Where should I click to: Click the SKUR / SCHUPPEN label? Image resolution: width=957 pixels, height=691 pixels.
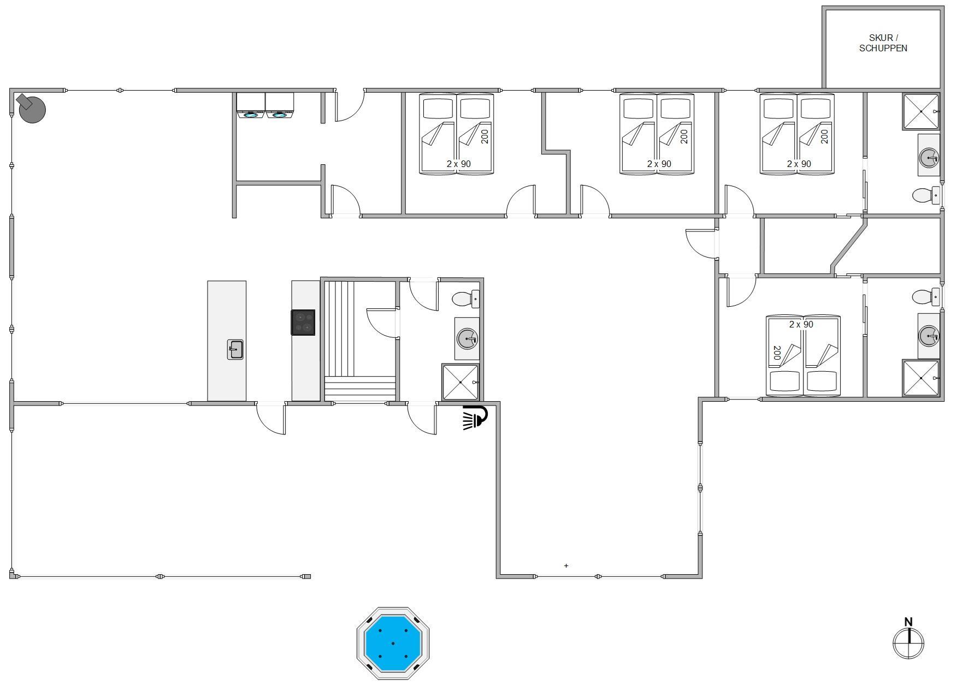[x=883, y=43]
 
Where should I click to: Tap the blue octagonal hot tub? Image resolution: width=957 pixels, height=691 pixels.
[x=393, y=643]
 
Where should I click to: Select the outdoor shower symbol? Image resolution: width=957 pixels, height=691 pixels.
[x=475, y=417]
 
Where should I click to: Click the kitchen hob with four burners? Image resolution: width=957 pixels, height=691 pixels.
[x=303, y=322]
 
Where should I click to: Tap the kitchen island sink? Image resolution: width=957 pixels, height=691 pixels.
[x=235, y=349]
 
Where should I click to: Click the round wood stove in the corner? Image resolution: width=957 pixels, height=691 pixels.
[x=31, y=108]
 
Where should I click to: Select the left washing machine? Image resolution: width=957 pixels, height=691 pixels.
[x=251, y=105]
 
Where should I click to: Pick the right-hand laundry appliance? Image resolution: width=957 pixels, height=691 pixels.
[x=280, y=105]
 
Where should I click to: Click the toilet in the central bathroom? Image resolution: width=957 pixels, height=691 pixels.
[x=466, y=299]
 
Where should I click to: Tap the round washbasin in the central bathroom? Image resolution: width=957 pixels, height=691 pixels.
[x=468, y=339]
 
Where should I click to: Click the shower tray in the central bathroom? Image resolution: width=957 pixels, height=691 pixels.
[x=460, y=382]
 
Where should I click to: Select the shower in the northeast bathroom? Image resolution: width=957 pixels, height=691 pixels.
[x=921, y=111]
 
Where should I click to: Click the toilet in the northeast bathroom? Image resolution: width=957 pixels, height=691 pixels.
[x=926, y=195]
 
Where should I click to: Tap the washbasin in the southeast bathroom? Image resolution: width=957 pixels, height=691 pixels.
[x=929, y=336]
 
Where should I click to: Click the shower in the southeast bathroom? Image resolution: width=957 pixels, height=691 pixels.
[x=921, y=378]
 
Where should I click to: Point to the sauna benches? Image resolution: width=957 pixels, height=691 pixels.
[x=359, y=341]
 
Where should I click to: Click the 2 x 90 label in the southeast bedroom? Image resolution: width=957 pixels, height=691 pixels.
[x=801, y=324]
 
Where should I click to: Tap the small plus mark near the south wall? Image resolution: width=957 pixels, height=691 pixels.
[x=566, y=565]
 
